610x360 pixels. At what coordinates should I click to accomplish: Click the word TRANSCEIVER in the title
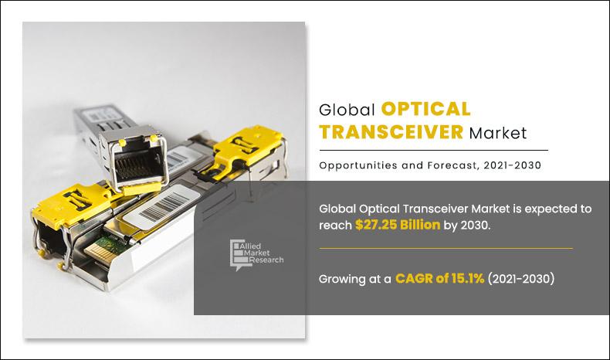pyautogui.click(x=392, y=132)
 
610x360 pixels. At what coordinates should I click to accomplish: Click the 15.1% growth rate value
pyautogui.click(x=465, y=279)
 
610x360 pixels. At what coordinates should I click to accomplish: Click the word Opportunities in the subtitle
pyautogui.click(x=356, y=165)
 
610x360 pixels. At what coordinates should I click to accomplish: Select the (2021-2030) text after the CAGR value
pyautogui.click(x=521, y=279)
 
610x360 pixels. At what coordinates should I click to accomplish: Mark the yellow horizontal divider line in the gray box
pyautogui.click(x=446, y=248)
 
